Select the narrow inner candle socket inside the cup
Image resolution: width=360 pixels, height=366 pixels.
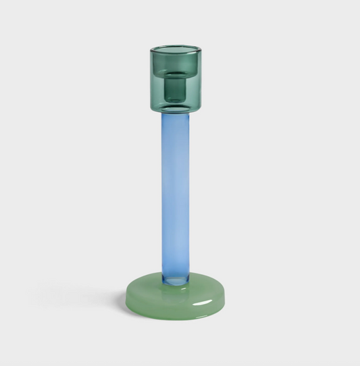point(176,88)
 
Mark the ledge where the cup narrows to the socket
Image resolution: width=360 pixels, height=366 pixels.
point(176,74)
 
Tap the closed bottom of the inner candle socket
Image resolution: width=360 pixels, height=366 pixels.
point(176,101)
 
